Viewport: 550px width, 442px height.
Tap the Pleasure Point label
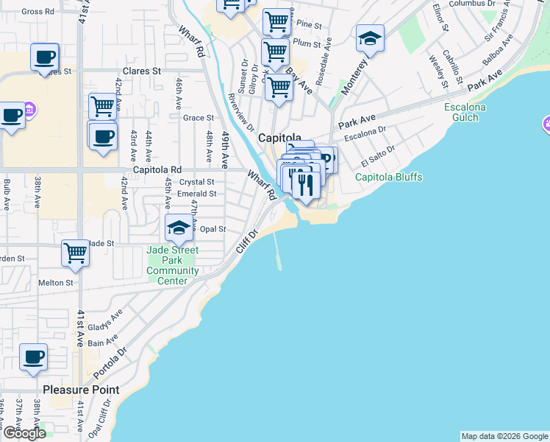tap(81, 389)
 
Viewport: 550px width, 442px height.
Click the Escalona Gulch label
tap(465, 112)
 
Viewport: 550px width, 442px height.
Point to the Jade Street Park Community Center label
tap(173, 260)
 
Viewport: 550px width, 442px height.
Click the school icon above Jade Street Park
tap(179, 228)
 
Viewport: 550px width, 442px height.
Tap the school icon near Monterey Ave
tap(370, 39)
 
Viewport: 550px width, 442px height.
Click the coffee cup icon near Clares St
tap(44, 57)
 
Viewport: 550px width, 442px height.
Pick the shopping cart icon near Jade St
tap(75, 253)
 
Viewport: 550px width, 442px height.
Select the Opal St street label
tap(213, 229)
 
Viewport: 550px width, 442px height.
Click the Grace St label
tap(199, 118)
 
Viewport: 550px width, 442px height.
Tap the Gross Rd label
tap(38, 12)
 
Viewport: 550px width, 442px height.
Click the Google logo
tap(24, 433)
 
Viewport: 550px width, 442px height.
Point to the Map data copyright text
tap(504, 436)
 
